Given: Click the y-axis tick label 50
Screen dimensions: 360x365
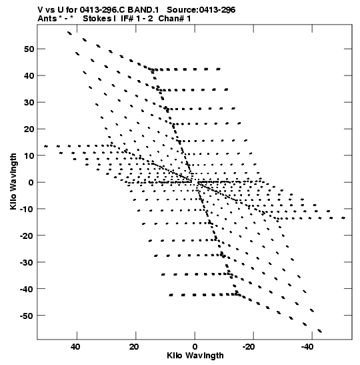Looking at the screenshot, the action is coord(29,49).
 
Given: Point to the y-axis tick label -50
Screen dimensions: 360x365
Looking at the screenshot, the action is coord(27,316).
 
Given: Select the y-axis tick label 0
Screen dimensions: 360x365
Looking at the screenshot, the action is coord(31,183).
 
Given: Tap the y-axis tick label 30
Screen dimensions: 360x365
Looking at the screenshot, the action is coord(29,102).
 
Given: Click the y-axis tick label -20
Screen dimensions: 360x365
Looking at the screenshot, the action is coord(27,236).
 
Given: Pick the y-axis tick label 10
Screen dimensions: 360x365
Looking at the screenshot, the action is coord(29,155).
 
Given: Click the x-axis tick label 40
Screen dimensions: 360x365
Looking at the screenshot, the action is coord(75,347).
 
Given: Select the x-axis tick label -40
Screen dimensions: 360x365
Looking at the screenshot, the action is coord(307,347).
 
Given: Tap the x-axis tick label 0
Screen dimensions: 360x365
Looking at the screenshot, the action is coord(195,347).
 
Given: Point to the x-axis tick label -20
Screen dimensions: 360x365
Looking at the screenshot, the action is coord(248,347).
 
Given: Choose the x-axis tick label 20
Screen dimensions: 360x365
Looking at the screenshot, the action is coord(134,347).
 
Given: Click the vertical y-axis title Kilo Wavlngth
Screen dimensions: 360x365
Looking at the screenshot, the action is coord(13,181).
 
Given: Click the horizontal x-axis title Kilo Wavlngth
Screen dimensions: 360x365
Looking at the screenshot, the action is coord(195,356).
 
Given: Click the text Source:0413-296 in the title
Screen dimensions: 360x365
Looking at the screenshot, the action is coord(201,10).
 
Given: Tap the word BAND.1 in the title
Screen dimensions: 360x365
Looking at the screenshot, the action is coord(143,10).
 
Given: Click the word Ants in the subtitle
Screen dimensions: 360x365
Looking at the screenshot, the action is coord(47,19).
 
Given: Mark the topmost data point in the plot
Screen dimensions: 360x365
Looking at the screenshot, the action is coord(69,33).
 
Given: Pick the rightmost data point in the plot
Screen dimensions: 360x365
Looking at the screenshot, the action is coord(343,218).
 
